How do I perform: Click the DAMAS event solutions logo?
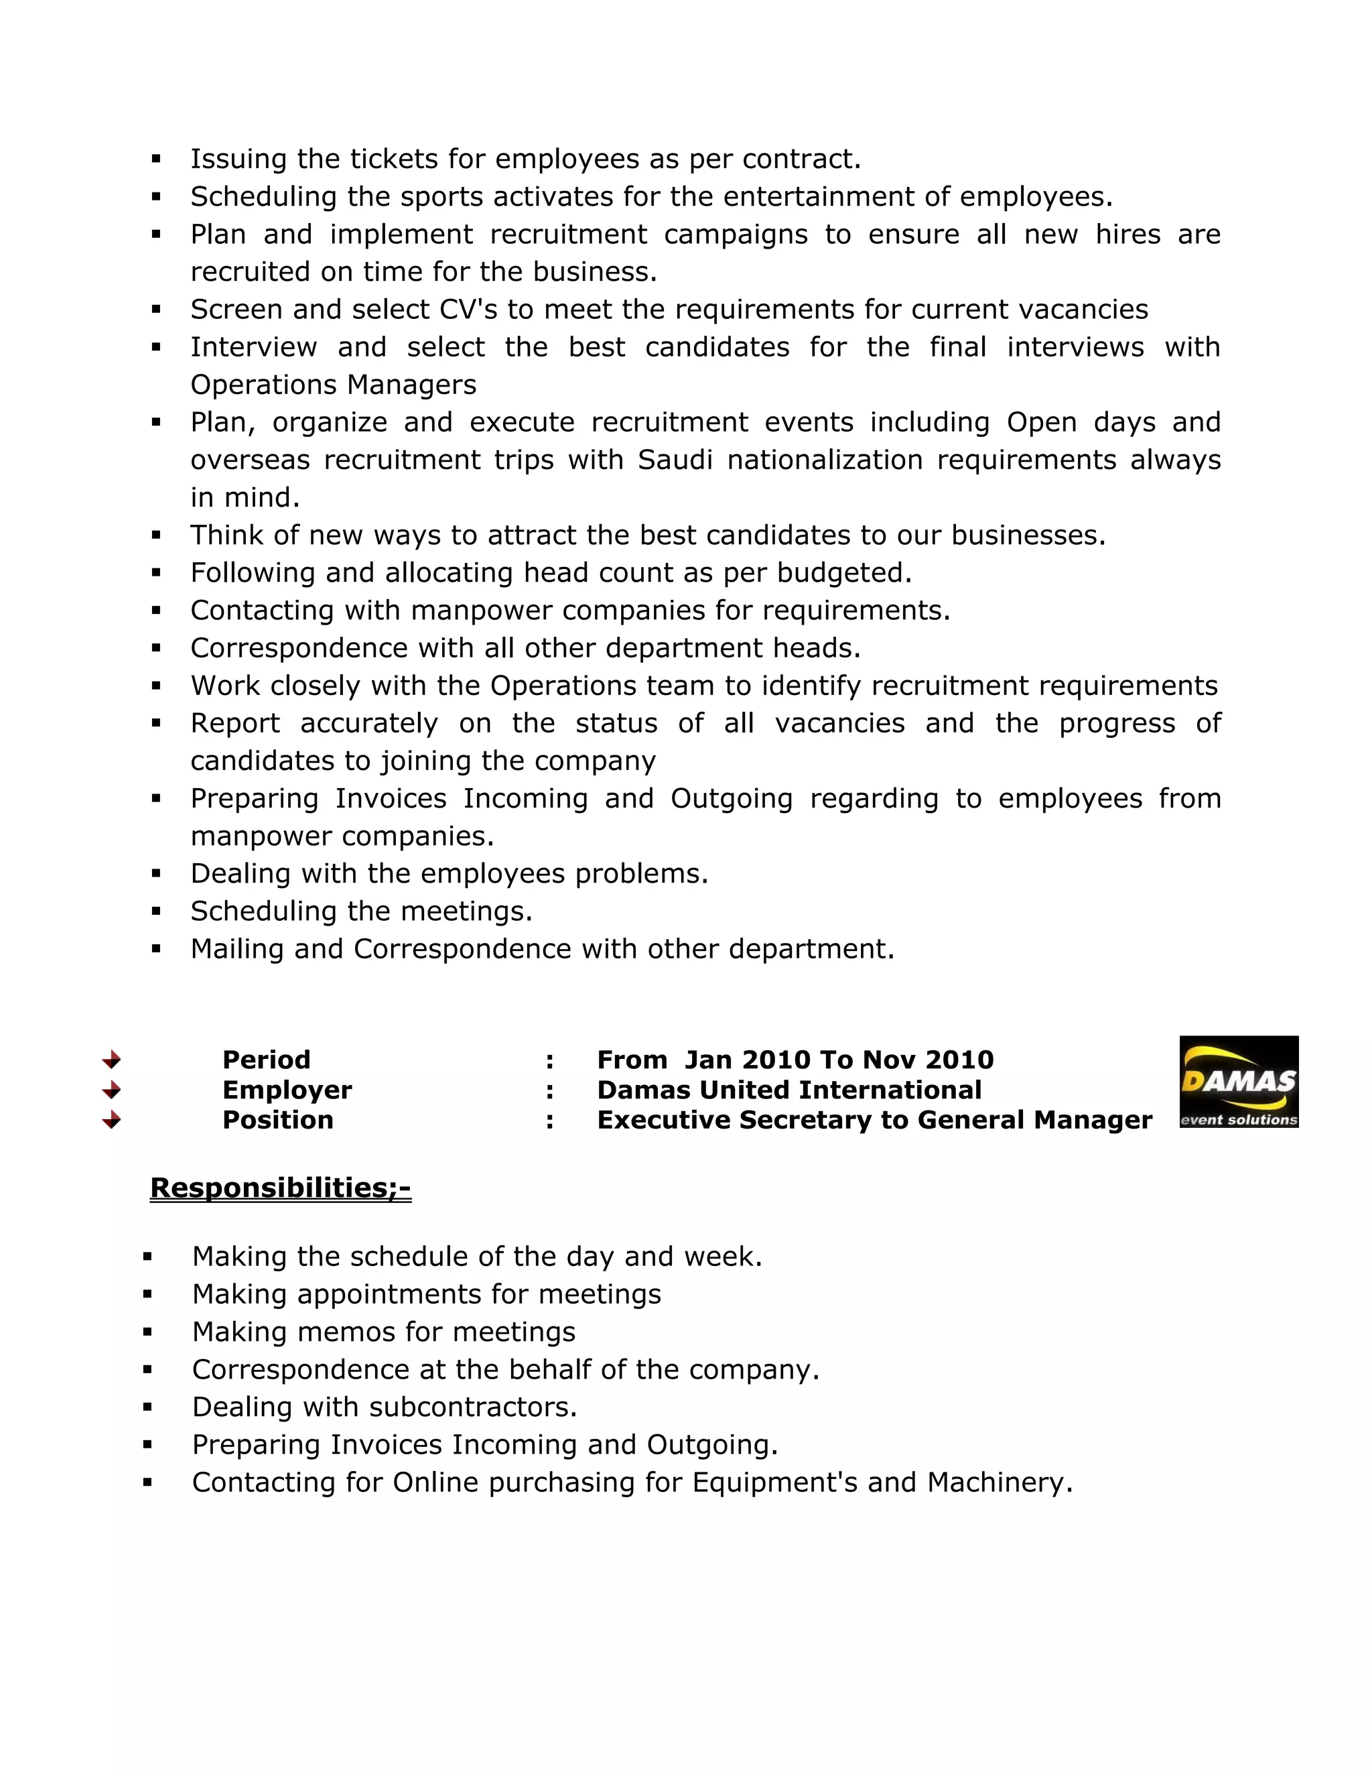tap(1238, 1082)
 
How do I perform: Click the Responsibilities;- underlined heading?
tap(281, 1188)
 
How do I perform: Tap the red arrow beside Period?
tap(111, 1060)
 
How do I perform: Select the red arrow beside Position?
tap(111, 1121)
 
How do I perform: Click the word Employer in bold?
tap(287, 1090)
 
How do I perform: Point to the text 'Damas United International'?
tap(788, 1090)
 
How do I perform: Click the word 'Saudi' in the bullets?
tap(675, 460)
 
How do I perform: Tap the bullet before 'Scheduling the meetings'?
tap(156, 911)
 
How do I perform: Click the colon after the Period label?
tap(550, 1060)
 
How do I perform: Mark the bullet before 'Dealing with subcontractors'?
tap(147, 1407)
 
